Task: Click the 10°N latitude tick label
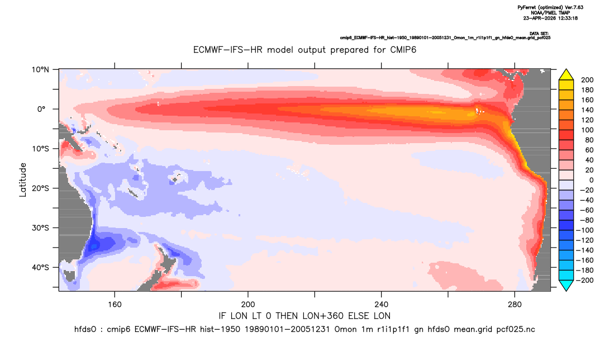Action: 40,70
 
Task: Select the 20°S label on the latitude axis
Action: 40,188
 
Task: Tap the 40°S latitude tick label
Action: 40,267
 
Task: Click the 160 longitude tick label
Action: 115,305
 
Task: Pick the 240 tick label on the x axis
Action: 382,305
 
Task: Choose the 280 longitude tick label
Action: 515,305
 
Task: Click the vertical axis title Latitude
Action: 23,180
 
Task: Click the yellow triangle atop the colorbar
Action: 566,75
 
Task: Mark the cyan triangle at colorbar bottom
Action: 566,285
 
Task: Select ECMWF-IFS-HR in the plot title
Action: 228,50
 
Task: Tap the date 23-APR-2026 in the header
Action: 539,18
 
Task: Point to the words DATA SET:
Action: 539,34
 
